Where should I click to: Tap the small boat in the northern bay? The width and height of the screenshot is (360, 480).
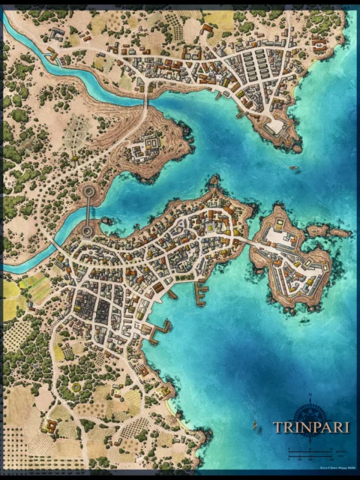click(295, 167)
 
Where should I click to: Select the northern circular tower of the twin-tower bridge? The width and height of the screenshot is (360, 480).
click(88, 192)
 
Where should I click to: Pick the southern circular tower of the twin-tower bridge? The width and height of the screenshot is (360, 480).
click(88, 231)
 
